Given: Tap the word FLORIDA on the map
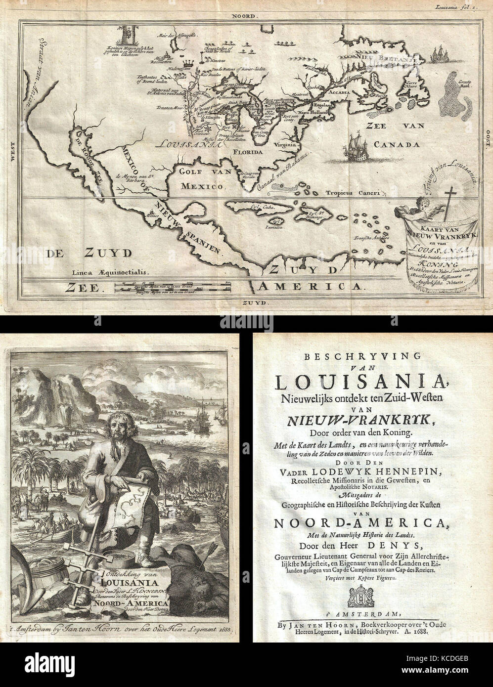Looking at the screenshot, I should [x=248, y=153].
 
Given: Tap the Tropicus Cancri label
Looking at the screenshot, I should [x=352, y=193].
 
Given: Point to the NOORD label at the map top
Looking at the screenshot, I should [x=246, y=16].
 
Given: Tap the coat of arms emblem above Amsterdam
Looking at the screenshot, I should [x=360, y=597].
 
